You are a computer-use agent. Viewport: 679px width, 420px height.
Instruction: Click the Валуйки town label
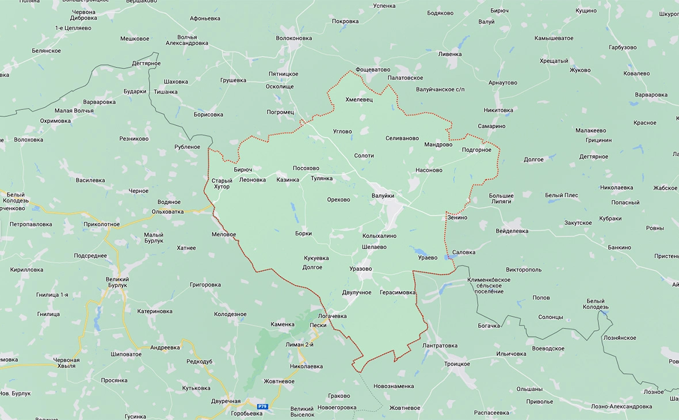point(383,196)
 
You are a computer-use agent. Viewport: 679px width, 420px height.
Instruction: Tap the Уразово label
point(360,269)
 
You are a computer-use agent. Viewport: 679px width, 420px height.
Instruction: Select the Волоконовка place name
point(293,39)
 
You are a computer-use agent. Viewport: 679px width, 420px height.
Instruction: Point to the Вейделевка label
point(512,231)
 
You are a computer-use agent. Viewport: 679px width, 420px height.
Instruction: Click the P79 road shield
point(262,406)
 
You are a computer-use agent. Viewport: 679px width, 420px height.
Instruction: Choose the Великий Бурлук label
point(117,282)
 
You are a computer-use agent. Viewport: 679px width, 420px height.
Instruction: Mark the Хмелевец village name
point(359,100)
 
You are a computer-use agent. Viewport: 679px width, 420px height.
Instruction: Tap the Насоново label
point(429,170)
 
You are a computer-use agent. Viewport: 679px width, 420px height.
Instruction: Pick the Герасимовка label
point(397,292)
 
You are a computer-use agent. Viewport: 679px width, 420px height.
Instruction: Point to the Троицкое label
point(456,364)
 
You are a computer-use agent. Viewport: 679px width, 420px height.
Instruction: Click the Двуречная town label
point(226,402)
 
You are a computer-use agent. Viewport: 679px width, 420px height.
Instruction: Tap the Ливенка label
point(450,54)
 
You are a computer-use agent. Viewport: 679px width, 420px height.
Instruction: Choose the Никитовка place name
point(498,110)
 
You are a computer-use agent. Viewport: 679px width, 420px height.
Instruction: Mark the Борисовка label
point(208,114)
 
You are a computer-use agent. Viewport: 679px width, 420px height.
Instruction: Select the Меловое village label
point(224,234)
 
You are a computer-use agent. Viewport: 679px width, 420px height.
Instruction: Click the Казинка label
point(288,180)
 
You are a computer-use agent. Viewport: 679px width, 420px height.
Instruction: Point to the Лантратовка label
point(440,346)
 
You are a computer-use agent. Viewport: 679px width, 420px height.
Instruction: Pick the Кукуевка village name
point(316,258)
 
